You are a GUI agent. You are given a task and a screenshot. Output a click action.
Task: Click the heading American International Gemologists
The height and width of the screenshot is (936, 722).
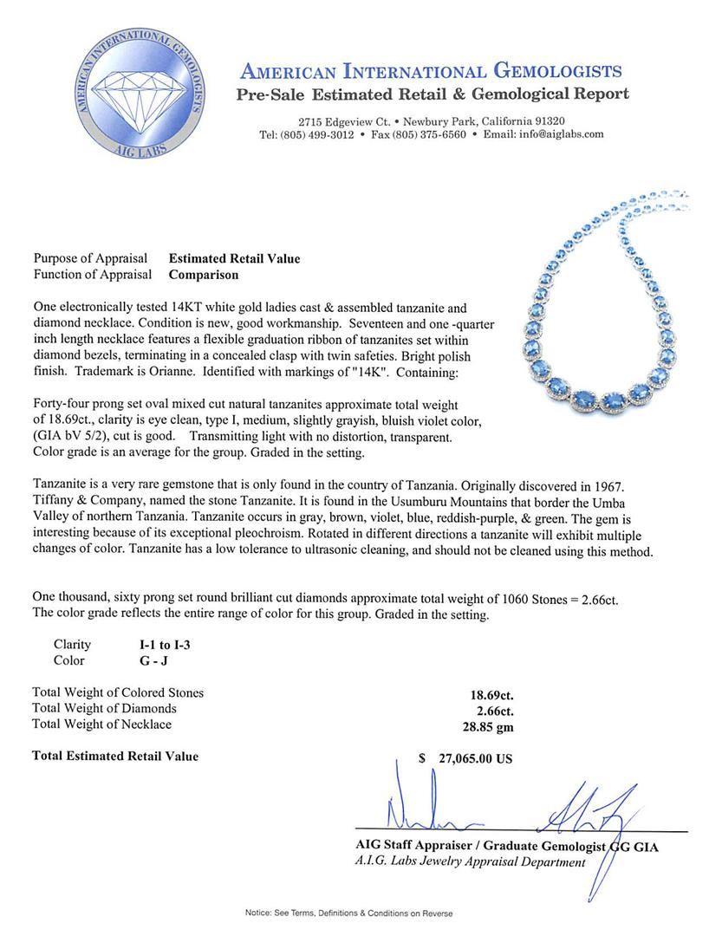click(431, 71)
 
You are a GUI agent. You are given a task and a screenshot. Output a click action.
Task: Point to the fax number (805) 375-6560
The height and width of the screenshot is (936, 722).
click(430, 134)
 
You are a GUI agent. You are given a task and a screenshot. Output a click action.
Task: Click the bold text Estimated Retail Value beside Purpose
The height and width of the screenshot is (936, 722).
click(234, 258)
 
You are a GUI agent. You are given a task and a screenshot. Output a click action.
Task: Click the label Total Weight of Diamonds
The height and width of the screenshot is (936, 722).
click(104, 708)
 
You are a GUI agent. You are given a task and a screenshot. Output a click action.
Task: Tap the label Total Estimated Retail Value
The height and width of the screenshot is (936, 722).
click(115, 756)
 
